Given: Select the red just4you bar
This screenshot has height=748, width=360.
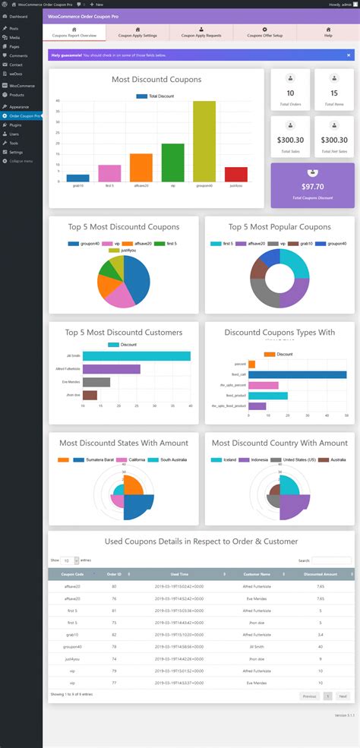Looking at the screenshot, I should click(236, 174).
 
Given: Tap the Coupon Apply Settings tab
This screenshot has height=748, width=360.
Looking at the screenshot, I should click(137, 32).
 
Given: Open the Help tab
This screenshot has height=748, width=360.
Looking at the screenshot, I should click(328, 32).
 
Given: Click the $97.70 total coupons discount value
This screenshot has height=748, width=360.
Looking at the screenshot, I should click(312, 186).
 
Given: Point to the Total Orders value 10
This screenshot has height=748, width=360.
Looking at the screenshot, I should click(290, 93).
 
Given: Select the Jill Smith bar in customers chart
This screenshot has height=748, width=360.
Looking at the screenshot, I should click(136, 356).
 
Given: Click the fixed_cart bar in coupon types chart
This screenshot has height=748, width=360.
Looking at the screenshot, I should click(297, 374).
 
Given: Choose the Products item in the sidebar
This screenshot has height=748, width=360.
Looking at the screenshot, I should click(17, 95).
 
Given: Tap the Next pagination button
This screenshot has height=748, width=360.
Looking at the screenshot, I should click(343, 696).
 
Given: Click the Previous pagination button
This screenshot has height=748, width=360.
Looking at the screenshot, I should click(309, 696).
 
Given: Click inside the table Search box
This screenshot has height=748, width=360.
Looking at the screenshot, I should click(332, 560).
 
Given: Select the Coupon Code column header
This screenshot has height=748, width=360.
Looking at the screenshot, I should click(73, 574).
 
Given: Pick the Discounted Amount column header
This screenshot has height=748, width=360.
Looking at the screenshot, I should click(321, 574).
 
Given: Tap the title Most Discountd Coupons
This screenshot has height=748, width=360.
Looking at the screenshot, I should click(156, 80).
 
